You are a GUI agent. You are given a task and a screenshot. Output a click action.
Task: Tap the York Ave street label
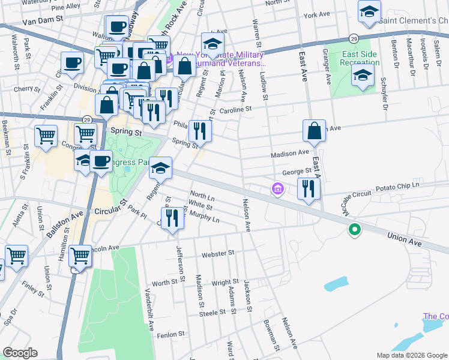pyautogui.click(x=317, y=15)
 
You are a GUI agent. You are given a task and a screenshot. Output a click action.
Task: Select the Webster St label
pyautogui.click(x=218, y=254)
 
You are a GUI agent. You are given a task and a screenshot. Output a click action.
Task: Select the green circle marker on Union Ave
pyautogui.click(x=355, y=229)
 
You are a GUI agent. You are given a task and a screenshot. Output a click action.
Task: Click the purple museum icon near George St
pyautogui.click(x=277, y=190)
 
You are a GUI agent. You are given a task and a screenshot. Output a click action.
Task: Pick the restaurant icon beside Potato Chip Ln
pyautogui.click(x=309, y=188)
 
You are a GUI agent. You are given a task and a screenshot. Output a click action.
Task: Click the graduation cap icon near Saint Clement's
pyautogui.click(x=369, y=11)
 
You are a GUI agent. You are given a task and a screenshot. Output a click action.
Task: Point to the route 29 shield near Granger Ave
pyautogui.click(x=355, y=38)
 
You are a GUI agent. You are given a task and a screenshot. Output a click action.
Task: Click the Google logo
pyautogui.click(x=20, y=352)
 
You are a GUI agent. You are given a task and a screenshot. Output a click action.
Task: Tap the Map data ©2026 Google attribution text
pyautogui.click(x=412, y=355)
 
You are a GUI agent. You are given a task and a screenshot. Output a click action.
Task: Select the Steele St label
pyautogui.click(x=211, y=313)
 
